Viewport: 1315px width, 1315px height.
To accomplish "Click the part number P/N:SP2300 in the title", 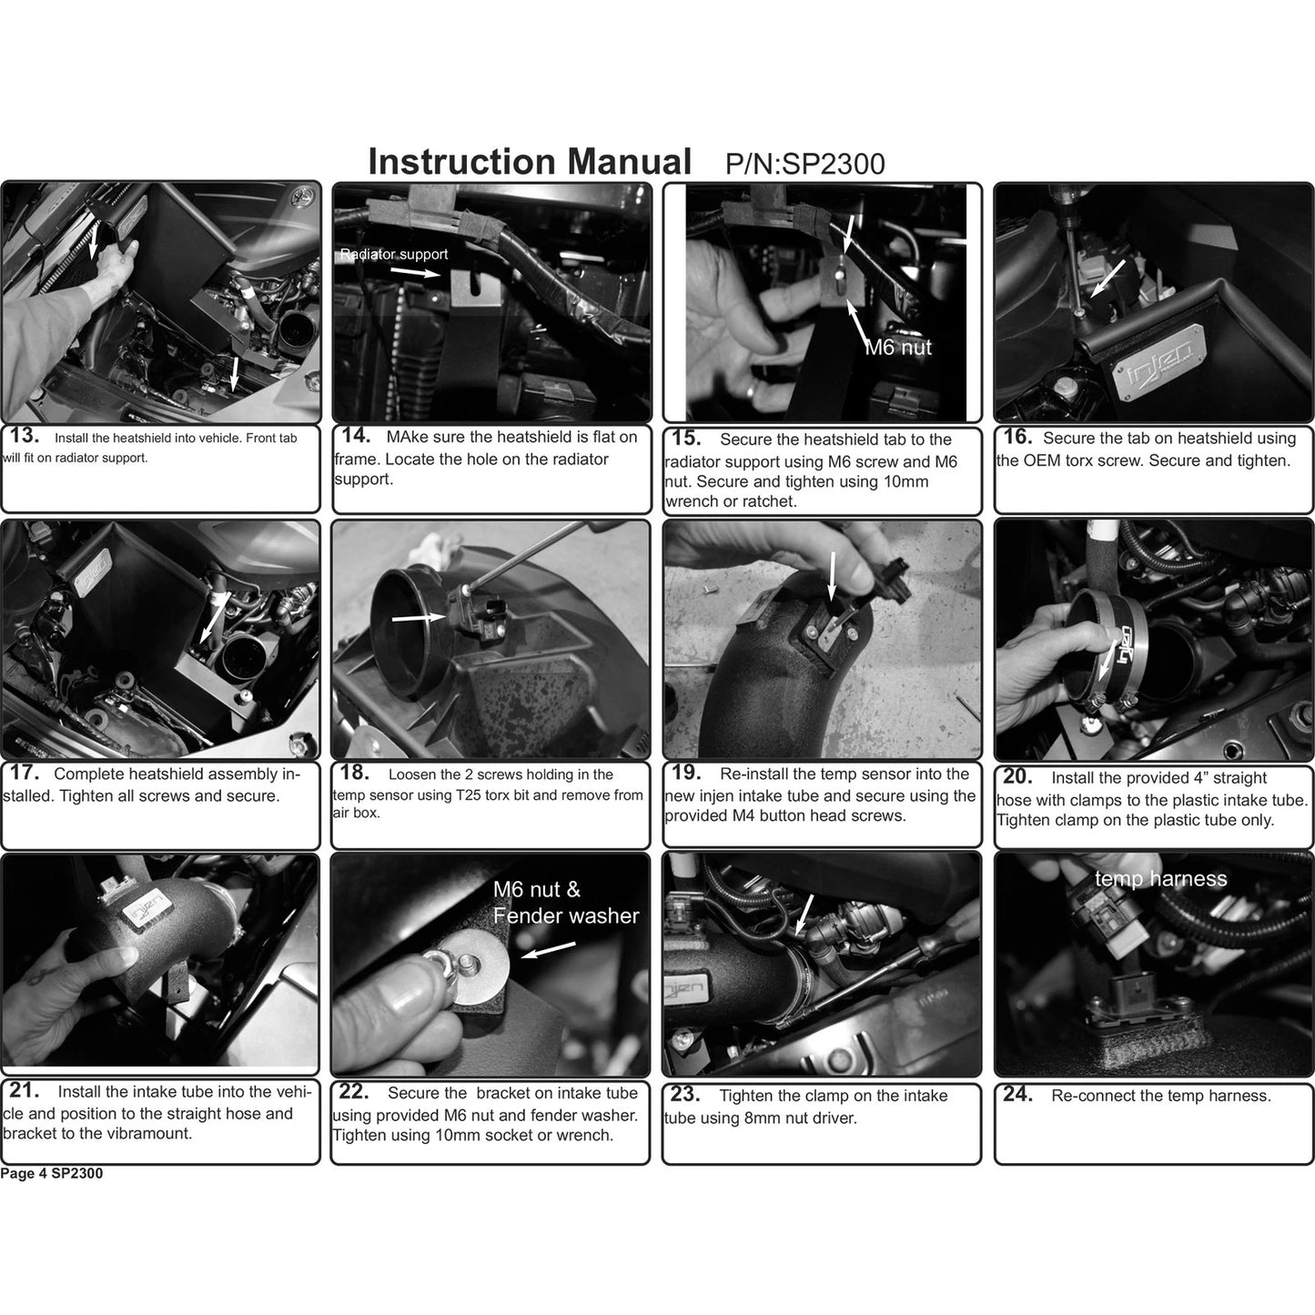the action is [x=804, y=165].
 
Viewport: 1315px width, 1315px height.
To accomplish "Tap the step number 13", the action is [x=24, y=435].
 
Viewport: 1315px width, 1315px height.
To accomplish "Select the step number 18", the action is [x=355, y=773].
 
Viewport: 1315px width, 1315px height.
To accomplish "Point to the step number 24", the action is [x=1017, y=1094].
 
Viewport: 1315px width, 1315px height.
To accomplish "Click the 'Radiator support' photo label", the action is [x=394, y=255].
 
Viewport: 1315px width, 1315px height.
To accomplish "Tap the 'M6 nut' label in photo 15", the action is [x=898, y=348].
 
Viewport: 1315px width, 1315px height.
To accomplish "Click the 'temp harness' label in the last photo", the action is [x=1161, y=879].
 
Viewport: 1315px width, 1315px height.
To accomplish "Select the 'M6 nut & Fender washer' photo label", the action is [x=566, y=902].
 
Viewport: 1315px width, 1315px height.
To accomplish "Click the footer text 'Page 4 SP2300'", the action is [x=52, y=1174].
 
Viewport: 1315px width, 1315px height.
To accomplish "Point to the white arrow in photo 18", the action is [x=419, y=618].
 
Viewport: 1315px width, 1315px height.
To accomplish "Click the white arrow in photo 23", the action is [x=805, y=915].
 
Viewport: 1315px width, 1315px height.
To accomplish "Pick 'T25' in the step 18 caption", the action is [x=466, y=795].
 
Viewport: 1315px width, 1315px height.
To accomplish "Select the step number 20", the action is [x=1017, y=776].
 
